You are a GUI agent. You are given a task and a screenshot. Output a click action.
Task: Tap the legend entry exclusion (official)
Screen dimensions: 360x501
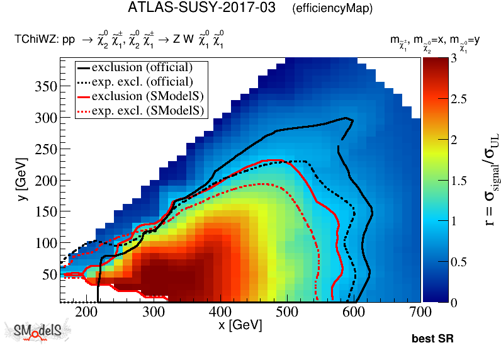[x=142, y=67]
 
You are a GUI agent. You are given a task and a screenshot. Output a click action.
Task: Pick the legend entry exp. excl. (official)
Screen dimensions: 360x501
[x=142, y=81]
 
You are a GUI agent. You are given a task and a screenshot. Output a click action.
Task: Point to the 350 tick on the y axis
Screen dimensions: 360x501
[x=47, y=86]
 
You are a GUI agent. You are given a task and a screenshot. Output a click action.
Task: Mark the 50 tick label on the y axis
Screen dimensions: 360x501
[x=50, y=274]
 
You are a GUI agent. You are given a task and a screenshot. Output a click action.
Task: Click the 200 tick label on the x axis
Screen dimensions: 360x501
[x=84, y=312]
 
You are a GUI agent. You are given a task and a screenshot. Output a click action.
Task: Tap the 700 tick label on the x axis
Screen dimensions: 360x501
[x=420, y=312]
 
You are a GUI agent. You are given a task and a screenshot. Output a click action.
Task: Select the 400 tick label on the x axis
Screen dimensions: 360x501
[x=218, y=312]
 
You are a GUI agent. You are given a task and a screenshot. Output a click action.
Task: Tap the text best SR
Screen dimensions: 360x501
[x=432, y=339]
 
